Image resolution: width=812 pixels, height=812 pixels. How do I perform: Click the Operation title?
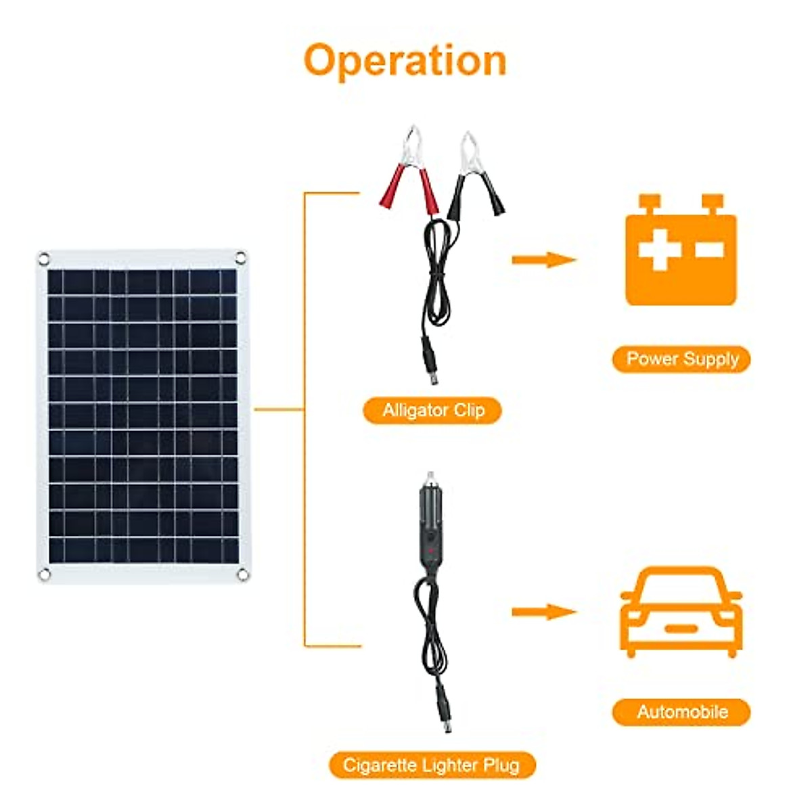click(x=405, y=60)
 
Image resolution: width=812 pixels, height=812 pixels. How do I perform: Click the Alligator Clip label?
click(x=433, y=410)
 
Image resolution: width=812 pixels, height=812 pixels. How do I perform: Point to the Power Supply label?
click(x=681, y=359)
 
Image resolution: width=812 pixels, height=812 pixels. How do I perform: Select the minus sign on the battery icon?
click(x=708, y=250)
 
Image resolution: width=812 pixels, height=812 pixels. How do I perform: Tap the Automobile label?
click(x=681, y=712)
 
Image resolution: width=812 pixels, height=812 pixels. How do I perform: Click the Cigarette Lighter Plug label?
click(x=432, y=765)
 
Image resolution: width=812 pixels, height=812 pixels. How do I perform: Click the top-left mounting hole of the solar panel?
click(x=44, y=258)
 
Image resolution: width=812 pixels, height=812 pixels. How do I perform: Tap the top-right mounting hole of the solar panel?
click(x=241, y=257)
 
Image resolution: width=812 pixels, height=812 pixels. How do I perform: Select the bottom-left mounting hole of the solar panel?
click(x=45, y=574)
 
